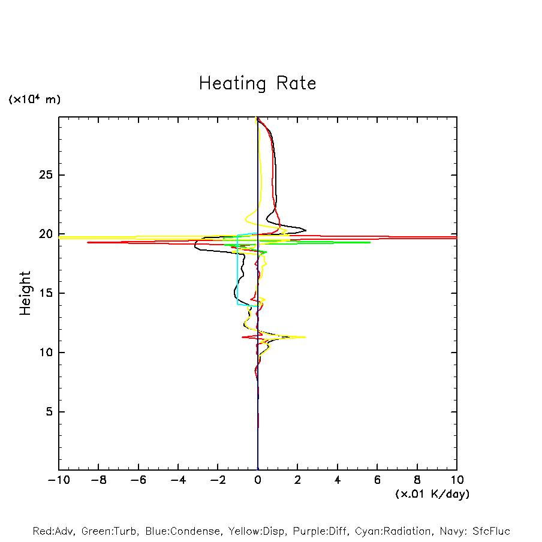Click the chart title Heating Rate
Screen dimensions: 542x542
click(257, 83)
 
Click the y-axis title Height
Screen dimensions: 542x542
click(25, 293)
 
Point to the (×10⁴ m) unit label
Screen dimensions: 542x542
click(34, 100)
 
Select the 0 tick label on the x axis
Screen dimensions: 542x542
click(258, 480)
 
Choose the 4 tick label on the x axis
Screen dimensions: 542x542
click(338, 480)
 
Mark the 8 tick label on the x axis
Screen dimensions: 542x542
click(417, 480)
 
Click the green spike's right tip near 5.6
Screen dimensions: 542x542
click(369, 242)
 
